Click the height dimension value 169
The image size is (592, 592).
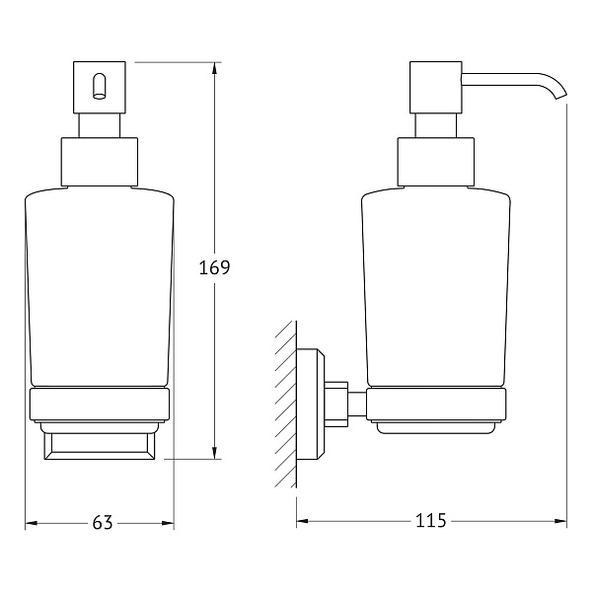[x=214, y=267]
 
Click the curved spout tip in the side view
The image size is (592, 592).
[x=563, y=93]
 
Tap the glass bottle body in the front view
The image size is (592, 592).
[x=99, y=286]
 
